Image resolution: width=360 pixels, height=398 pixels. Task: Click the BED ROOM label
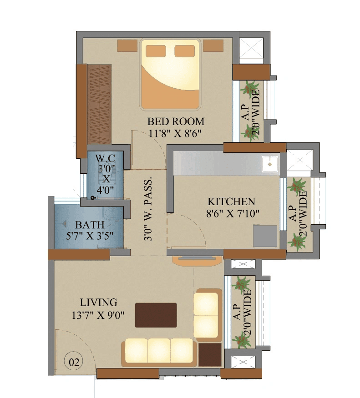[176, 122]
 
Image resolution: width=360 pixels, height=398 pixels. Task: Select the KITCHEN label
[231, 202]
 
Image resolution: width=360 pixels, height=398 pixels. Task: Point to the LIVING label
[99, 302]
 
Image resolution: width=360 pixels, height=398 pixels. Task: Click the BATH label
[90, 225]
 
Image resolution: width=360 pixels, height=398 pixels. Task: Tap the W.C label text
[105, 158]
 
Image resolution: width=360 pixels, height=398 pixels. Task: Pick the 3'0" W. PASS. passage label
[149, 209]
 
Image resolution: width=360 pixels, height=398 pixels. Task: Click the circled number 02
[74, 363]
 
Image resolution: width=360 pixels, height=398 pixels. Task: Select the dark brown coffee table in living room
[156, 315]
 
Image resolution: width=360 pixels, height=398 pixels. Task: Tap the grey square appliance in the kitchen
[265, 236]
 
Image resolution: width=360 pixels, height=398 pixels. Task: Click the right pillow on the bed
[185, 50]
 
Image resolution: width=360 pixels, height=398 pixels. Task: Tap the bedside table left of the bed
[127, 45]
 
